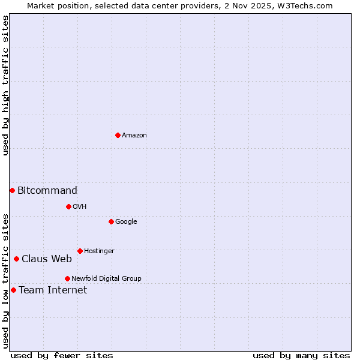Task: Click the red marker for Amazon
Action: tap(118, 135)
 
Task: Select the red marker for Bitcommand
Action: tap(12, 190)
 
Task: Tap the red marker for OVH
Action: tap(68, 206)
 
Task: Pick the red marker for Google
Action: tap(111, 221)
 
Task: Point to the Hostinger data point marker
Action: tap(80, 251)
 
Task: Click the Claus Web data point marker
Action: tap(16, 259)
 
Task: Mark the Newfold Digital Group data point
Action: tap(67, 278)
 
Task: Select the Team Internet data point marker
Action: tap(13, 290)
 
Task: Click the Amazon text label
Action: tap(134, 136)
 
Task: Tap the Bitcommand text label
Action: tap(47, 191)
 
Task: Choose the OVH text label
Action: tap(80, 207)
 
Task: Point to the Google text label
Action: tap(126, 222)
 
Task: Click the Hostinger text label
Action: tap(99, 251)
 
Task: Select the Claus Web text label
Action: tap(47, 259)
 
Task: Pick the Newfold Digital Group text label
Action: tap(106, 279)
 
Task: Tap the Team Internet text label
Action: tap(53, 290)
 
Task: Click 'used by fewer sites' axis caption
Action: tap(62, 355)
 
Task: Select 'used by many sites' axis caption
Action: tap(301, 355)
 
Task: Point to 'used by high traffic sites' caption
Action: tap(5, 85)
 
